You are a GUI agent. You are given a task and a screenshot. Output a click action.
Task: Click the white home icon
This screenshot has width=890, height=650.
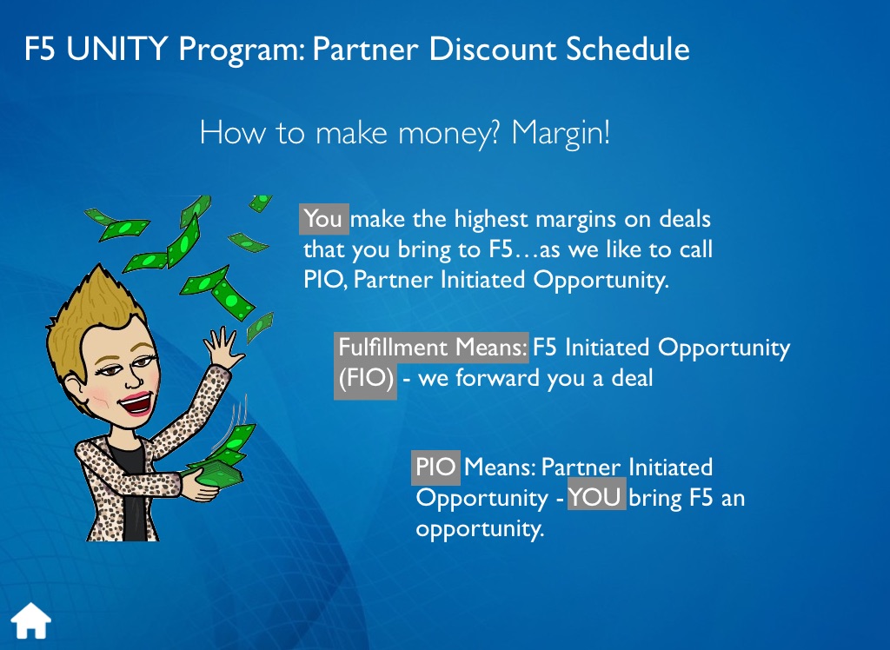(x=31, y=620)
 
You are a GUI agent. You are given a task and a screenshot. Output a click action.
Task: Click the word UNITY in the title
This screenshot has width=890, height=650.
(x=117, y=49)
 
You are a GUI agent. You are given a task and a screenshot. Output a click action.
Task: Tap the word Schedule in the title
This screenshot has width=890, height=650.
(x=628, y=49)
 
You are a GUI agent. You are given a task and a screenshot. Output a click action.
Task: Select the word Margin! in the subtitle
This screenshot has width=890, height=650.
(x=561, y=134)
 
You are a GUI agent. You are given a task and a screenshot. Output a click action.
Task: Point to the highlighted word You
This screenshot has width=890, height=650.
(x=323, y=219)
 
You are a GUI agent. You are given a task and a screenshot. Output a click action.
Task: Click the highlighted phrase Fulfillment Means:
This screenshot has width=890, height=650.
(x=431, y=348)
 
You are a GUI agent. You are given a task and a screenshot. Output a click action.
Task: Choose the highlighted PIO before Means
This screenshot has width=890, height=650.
(x=435, y=468)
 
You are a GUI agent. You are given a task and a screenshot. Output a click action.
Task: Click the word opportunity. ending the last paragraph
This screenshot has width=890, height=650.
(x=480, y=528)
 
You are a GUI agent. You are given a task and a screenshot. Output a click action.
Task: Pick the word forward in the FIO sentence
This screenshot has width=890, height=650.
(x=497, y=378)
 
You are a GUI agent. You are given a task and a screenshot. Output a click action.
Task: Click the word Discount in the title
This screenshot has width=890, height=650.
(x=493, y=49)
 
